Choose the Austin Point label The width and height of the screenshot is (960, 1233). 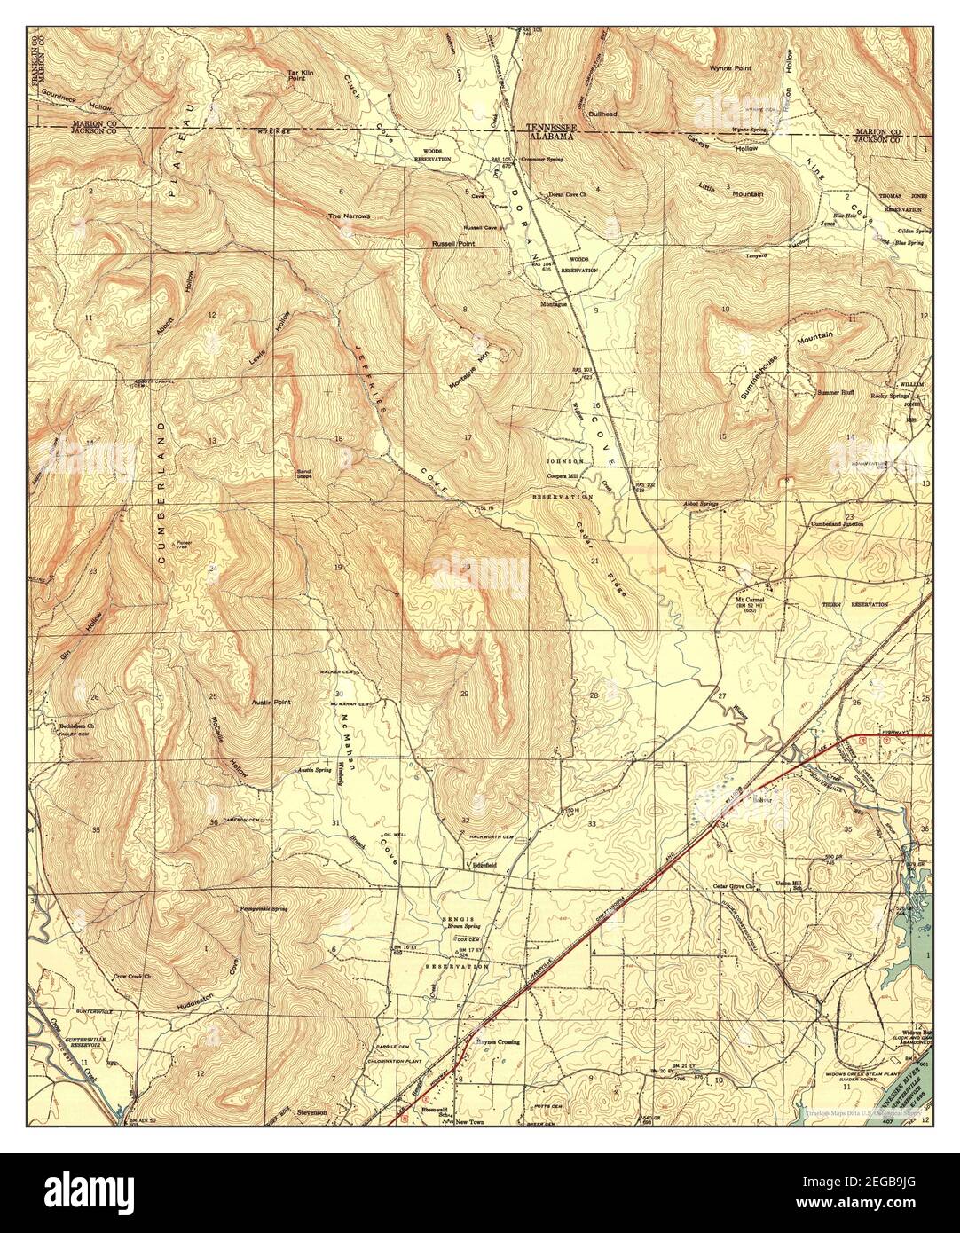(x=271, y=702)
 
